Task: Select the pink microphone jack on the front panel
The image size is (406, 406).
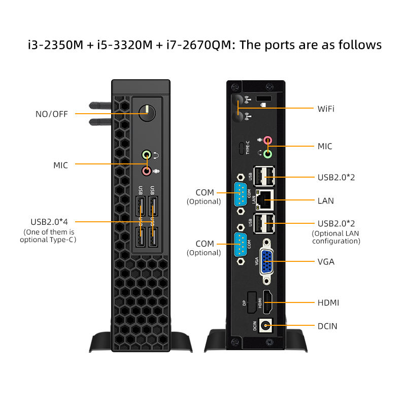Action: [147, 171]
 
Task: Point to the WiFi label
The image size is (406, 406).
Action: [326, 109]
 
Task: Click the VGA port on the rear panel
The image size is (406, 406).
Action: [269, 262]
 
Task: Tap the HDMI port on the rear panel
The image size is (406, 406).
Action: [267, 302]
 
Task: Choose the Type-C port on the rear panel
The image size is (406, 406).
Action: [241, 148]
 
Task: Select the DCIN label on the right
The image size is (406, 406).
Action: [327, 326]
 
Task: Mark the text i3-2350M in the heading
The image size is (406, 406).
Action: [55, 45]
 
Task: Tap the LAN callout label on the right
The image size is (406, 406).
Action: [325, 200]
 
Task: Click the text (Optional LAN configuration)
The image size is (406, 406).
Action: [335, 238]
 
